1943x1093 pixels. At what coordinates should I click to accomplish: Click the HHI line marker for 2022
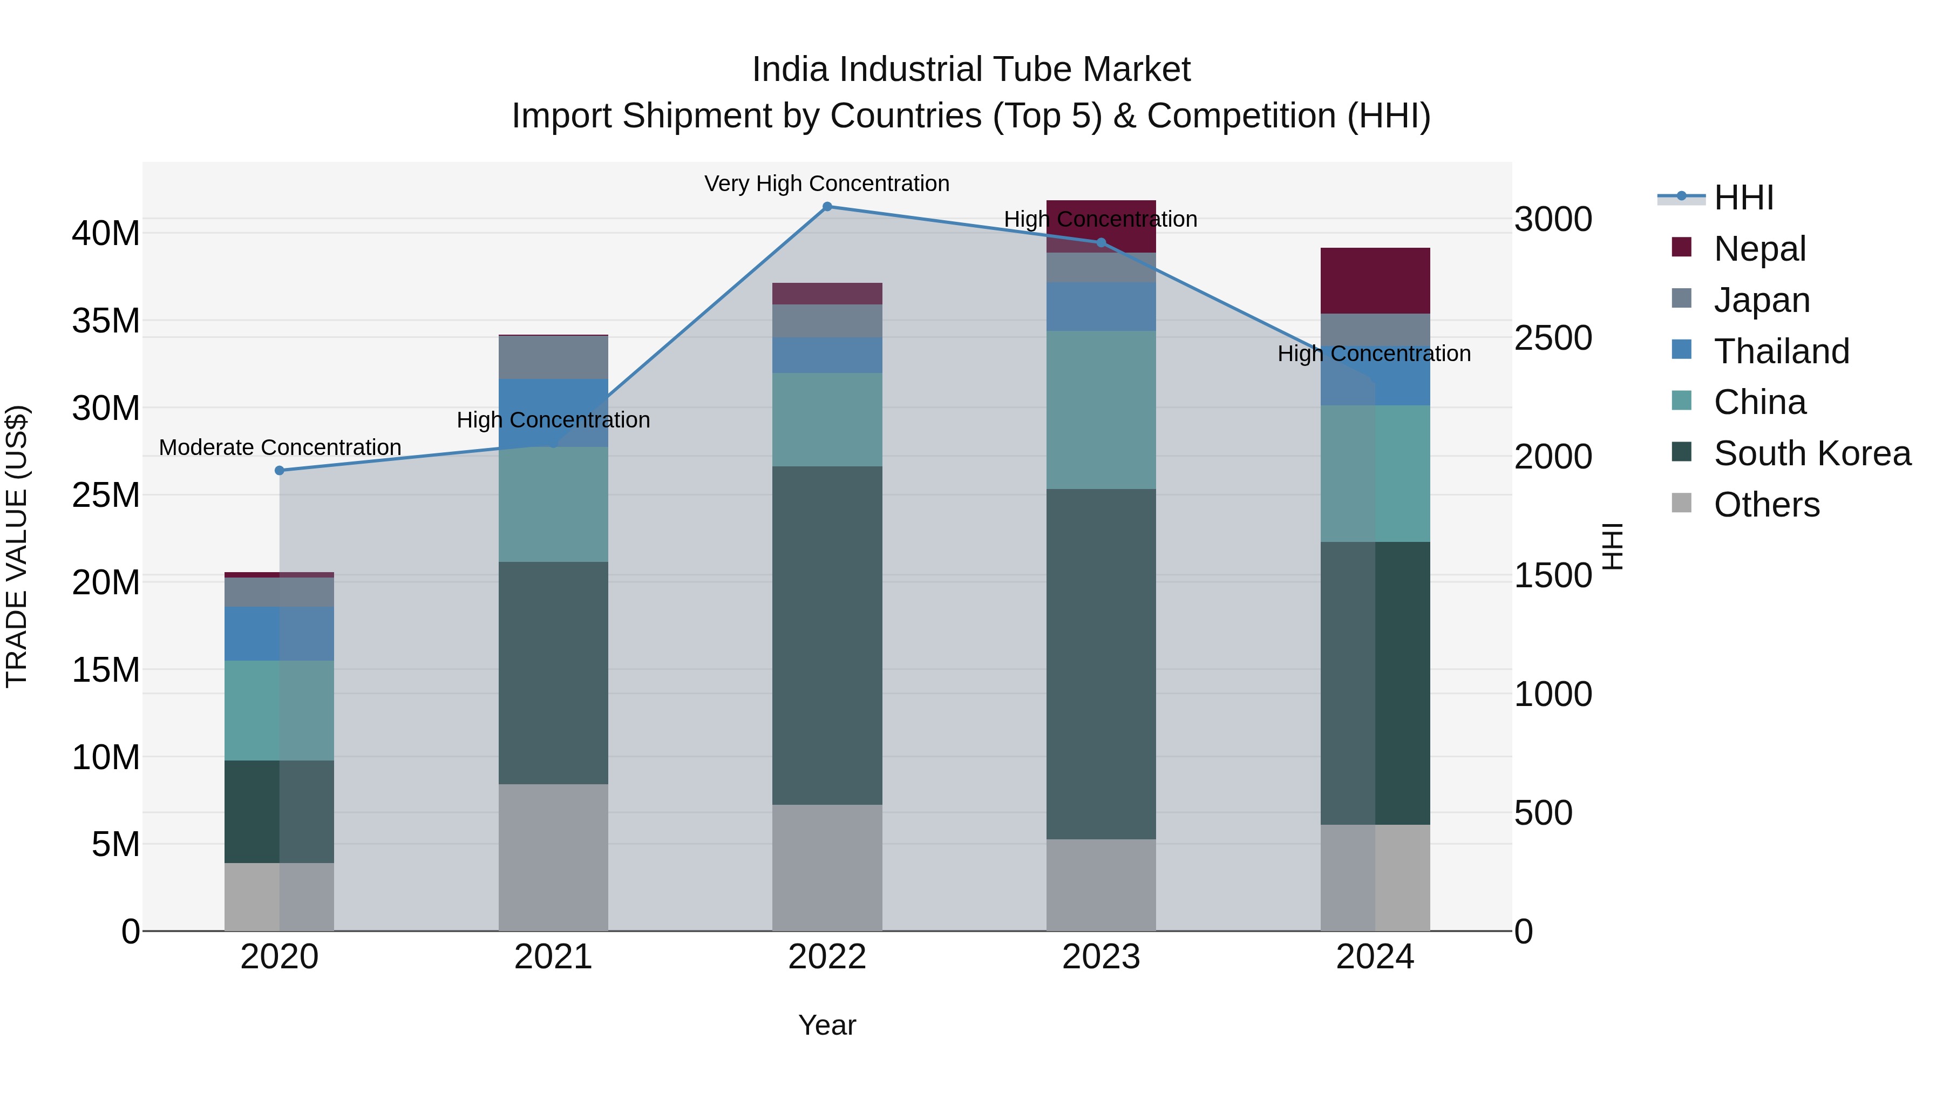827,207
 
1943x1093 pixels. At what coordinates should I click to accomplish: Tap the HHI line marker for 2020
279,471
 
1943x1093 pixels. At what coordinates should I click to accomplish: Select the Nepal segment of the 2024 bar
1375,281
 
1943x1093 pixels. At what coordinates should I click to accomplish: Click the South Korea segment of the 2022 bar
827,635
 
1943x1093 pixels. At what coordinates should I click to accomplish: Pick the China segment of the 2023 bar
1100,410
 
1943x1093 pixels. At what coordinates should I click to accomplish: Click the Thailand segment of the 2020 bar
279,634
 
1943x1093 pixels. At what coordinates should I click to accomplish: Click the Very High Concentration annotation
827,184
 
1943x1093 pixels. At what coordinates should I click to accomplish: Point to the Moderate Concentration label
280,447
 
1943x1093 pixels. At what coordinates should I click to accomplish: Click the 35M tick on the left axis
106,321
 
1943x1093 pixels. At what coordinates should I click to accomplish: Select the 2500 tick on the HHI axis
1553,338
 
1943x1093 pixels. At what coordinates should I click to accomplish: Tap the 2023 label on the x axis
1100,957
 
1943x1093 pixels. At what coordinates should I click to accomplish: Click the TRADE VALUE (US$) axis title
17,546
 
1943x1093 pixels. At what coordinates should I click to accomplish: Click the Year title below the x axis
827,1025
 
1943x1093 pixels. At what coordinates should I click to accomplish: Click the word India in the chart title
791,70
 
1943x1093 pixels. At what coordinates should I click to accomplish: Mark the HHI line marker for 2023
1100,243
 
